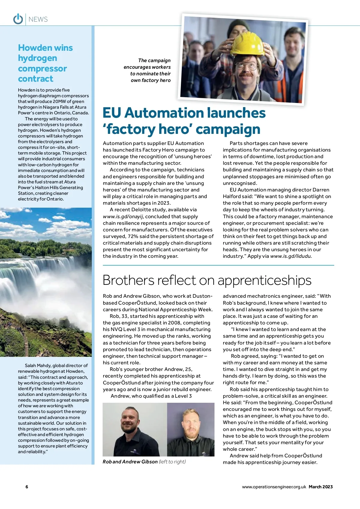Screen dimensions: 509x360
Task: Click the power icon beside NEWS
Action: [x=18, y=19]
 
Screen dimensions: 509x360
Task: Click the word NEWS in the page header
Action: [x=38, y=20]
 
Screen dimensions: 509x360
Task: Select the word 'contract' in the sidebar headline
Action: [x=35, y=79]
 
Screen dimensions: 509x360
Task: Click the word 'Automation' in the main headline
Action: [x=163, y=113]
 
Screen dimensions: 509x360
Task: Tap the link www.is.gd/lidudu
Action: [x=291, y=256]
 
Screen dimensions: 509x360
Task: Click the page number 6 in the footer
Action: [x=27, y=487]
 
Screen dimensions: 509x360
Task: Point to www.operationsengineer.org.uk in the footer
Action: [x=274, y=487]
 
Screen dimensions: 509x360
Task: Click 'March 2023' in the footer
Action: [x=321, y=487]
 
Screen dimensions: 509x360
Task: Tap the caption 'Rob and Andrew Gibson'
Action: [x=130, y=462]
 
